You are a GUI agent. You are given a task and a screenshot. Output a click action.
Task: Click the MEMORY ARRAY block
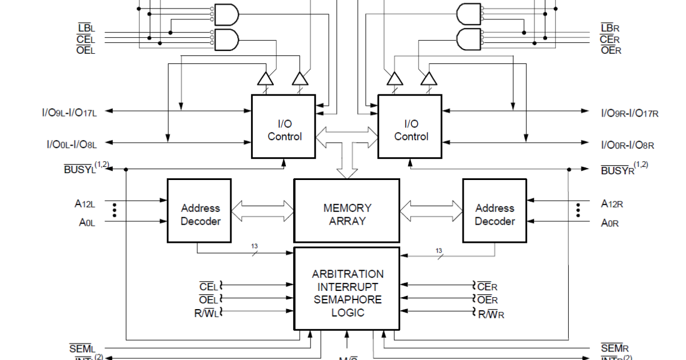pyautogui.click(x=346, y=211)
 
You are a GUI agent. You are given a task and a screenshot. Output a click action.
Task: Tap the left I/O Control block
pyautogui.click(x=284, y=127)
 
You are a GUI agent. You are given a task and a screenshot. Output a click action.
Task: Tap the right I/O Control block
pyautogui.click(x=410, y=127)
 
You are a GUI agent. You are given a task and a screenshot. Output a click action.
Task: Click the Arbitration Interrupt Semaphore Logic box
pyautogui.click(x=346, y=289)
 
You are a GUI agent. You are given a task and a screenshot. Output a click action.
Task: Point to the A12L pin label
pyautogui.click(x=85, y=203)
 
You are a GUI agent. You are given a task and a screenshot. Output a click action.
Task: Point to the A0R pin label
pyautogui.click(x=610, y=223)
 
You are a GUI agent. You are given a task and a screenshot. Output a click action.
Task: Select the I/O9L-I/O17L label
pyautogui.click(x=72, y=113)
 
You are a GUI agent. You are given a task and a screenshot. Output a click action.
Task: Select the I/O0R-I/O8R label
pyautogui.click(x=627, y=146)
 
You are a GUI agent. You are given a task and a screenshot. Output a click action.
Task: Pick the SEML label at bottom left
pyautogui.click(x=82, y=349)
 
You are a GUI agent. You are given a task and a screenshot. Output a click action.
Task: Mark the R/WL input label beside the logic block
pyautogui.click(x=206, y=313)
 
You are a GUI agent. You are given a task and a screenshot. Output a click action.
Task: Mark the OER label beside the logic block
pyautogui.click(x=488, y=299)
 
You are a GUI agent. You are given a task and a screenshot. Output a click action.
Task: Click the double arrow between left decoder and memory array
pyautogui.click(x=262, y=210)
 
